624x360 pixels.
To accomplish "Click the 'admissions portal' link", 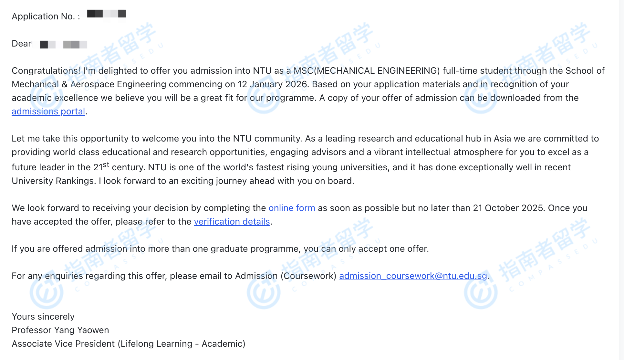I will pyautogui.click(x=48, y=111).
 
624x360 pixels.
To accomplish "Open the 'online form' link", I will pyautogui.click(x=292, y=208).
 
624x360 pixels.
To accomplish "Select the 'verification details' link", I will pyautogui.click(x=232, y=222).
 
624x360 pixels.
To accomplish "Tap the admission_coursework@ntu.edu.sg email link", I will pyautogui.click(x=413, y=276).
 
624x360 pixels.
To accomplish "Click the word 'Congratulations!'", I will pyautogui.click(x=46, y=71).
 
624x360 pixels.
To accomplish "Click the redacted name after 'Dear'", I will pyautogui.click(x=63, y=44).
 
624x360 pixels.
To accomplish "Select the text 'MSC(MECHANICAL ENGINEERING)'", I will pyautogui.click(x=367, y=71).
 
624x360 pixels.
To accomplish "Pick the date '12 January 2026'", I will pyautogui.click(x=272, y=84).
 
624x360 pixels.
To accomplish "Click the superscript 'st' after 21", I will pyautogui.click(x=106, y=165).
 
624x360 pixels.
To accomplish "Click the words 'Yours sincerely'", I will pyautogui.click(x=43, y=317).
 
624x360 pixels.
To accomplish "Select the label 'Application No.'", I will pyautogui.click(x=43, y=16).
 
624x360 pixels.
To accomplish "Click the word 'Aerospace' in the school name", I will pyautogui.click(x=92, y=84).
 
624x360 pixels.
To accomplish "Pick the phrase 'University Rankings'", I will pyautogui.click(x=53, y=181).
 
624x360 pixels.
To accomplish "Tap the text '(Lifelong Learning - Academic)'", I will pyautogui.click(x=181, y=344).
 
